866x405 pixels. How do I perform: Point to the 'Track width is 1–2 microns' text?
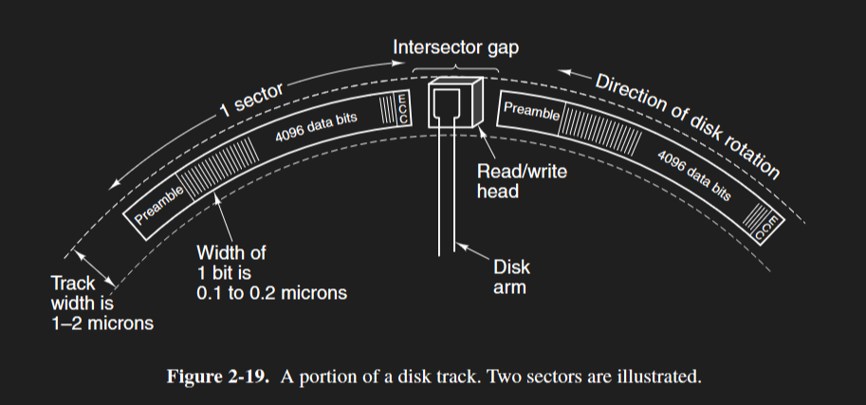pyautogui.click(x=101, y=303)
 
